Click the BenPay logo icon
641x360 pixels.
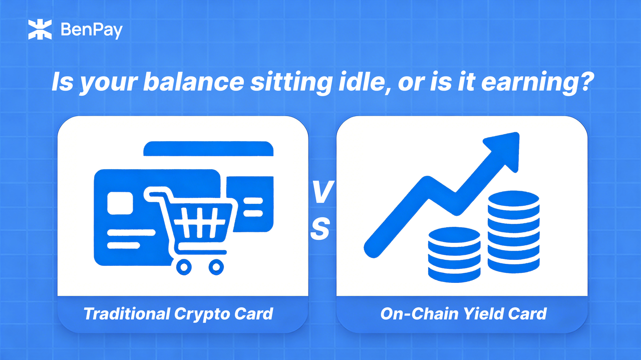[41, 30]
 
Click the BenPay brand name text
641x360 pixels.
[91, 31]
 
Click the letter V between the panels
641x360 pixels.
[321, 193]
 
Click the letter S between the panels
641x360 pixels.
[320, 229]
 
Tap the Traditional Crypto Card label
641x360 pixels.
[178, 314]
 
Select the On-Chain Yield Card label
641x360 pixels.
[463, 314]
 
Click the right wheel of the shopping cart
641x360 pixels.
[216, 267]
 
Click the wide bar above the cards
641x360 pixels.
[208, 149]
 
